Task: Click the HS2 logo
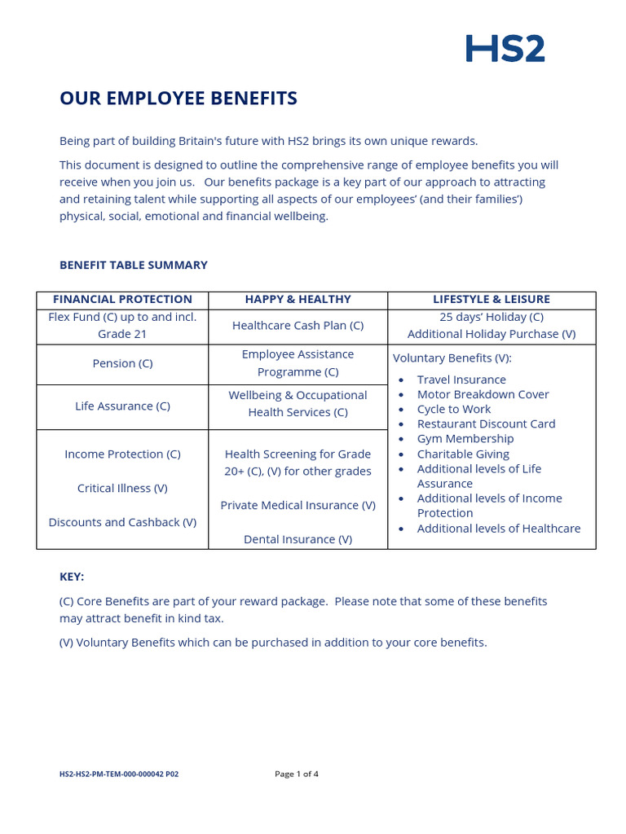click(x=505, y=49)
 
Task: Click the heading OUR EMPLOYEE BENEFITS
click(x=179, y=99)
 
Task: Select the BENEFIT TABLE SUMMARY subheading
click(x=134, y=265)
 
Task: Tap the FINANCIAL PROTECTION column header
click(x=122, y=300)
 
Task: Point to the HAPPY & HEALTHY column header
click(x=298, y=300)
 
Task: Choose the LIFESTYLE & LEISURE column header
click(x=492, y=300)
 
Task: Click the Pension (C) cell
click(x=122, y=363)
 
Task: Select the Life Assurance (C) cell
click(x=122, y=406)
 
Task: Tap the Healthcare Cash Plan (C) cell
click(x=298, y=325)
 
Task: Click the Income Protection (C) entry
click(x=122, y=454)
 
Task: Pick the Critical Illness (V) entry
click(x=122, y=488)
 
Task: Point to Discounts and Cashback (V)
click(x=122, y=522)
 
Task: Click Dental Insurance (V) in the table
click(x=298, y=539)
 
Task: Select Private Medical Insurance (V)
click(x=298, y=505)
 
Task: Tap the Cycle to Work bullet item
click(x=454, y=409)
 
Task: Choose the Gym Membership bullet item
click(x=465, y=438)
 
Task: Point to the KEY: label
click(x=72, y=576)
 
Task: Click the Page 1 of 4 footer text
click(x=297, y=774)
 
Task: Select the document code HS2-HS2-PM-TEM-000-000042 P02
click(x=119, y=774)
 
